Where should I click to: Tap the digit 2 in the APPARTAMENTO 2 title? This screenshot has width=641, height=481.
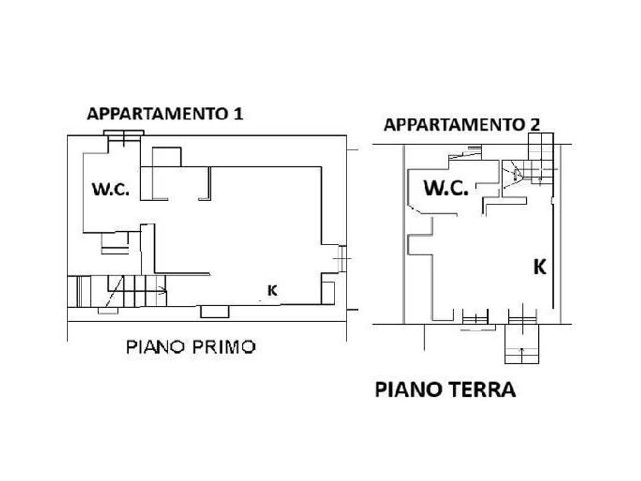(535, 125)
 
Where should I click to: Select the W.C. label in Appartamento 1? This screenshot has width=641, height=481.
(111, 189)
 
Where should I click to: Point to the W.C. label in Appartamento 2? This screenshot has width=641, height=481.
(446, 188)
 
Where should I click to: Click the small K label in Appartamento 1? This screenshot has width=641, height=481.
(272, 291)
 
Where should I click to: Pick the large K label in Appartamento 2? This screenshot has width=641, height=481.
(540, 267)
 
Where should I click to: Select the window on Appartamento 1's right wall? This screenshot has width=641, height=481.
(342, 259)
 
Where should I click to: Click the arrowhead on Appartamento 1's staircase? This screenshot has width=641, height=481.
(164, 291)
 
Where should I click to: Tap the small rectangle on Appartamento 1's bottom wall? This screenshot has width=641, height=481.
(214, 312)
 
